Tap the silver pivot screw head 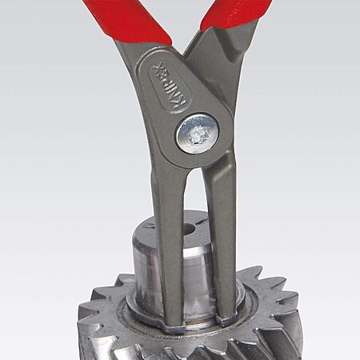click(x=198, y=134)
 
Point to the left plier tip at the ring click(x=174, y=323)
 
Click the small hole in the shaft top click(x=190, y=228)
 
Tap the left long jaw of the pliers click(x=169, y=240)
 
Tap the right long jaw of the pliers click(x=220, y=234)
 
